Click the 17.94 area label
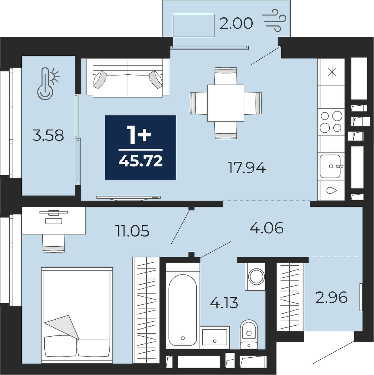pyautogui.click(x=247, y=168)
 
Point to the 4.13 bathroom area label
pyautogui.click(x=224, y=302)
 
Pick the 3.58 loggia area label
pyautogui.click(x=48, y=135)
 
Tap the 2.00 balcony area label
pyautogui.click(x=236, y=24)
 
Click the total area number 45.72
pyautogui.click(x=141, y=161)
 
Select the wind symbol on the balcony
pyautogui.click(x=274, y=20)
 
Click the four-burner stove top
pyautogui.click(x=331, y=122)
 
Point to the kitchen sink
pyautogui.click(x=330, y=166)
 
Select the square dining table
pyautogui.click(x=226, y=103)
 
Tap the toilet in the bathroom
pyautogui.click(x=249, y=334)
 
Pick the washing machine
pyautogui.click(x=255, y=277)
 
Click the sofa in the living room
pyautogui.click(x=128, y=78)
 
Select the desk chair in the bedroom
pyautogui.click(x=54, y=243)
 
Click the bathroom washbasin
pyautogui.click(x=215, y=337)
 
